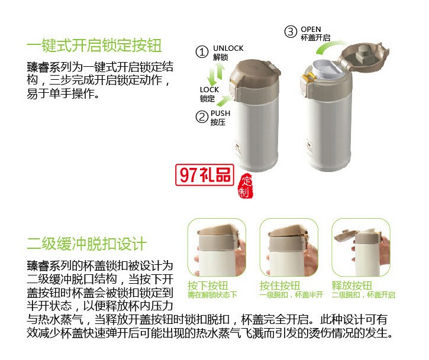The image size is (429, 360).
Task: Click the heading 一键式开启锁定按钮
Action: (94, 46)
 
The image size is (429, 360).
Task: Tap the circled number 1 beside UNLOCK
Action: (202, 53)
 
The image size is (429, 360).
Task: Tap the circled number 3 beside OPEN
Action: (290, 32)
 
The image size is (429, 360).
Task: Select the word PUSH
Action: (220, 113)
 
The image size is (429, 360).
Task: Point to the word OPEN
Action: (311, 29)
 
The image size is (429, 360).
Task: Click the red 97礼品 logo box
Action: (205, 176)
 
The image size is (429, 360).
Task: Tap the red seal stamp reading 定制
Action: (245, 186)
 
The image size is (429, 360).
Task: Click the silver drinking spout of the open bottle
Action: (327, 67)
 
